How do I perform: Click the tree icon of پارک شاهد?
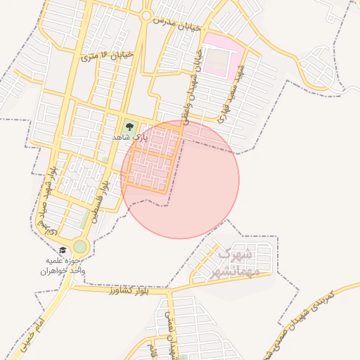point(129,127)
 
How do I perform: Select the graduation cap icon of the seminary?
point(63,250)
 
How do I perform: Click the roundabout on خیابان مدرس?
point(146,16)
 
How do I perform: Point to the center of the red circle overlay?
point(181,179)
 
